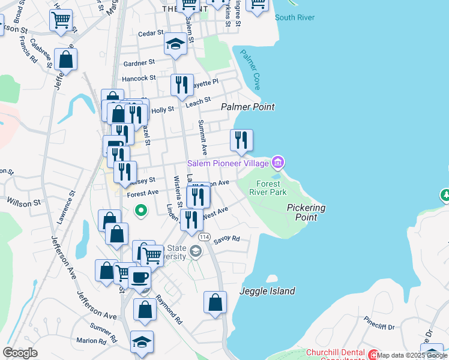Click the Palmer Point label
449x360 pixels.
click(247, 107)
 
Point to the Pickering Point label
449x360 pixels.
click(306, 212)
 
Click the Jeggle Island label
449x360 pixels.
click(268, 291)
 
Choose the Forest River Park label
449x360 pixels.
click(271, 188)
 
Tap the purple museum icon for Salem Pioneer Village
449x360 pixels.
click(277, 163)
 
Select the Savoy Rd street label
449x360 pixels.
click(228, 239)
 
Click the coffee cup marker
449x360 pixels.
click(140, 277)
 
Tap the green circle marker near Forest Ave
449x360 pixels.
click(140, 210)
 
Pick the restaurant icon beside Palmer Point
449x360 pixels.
click(241, 140)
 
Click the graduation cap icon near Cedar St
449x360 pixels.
click(175, 44)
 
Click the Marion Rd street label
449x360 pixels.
click(91, 341)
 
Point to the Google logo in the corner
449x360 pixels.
click(20, 353)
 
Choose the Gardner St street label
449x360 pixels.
click(139, 62)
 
